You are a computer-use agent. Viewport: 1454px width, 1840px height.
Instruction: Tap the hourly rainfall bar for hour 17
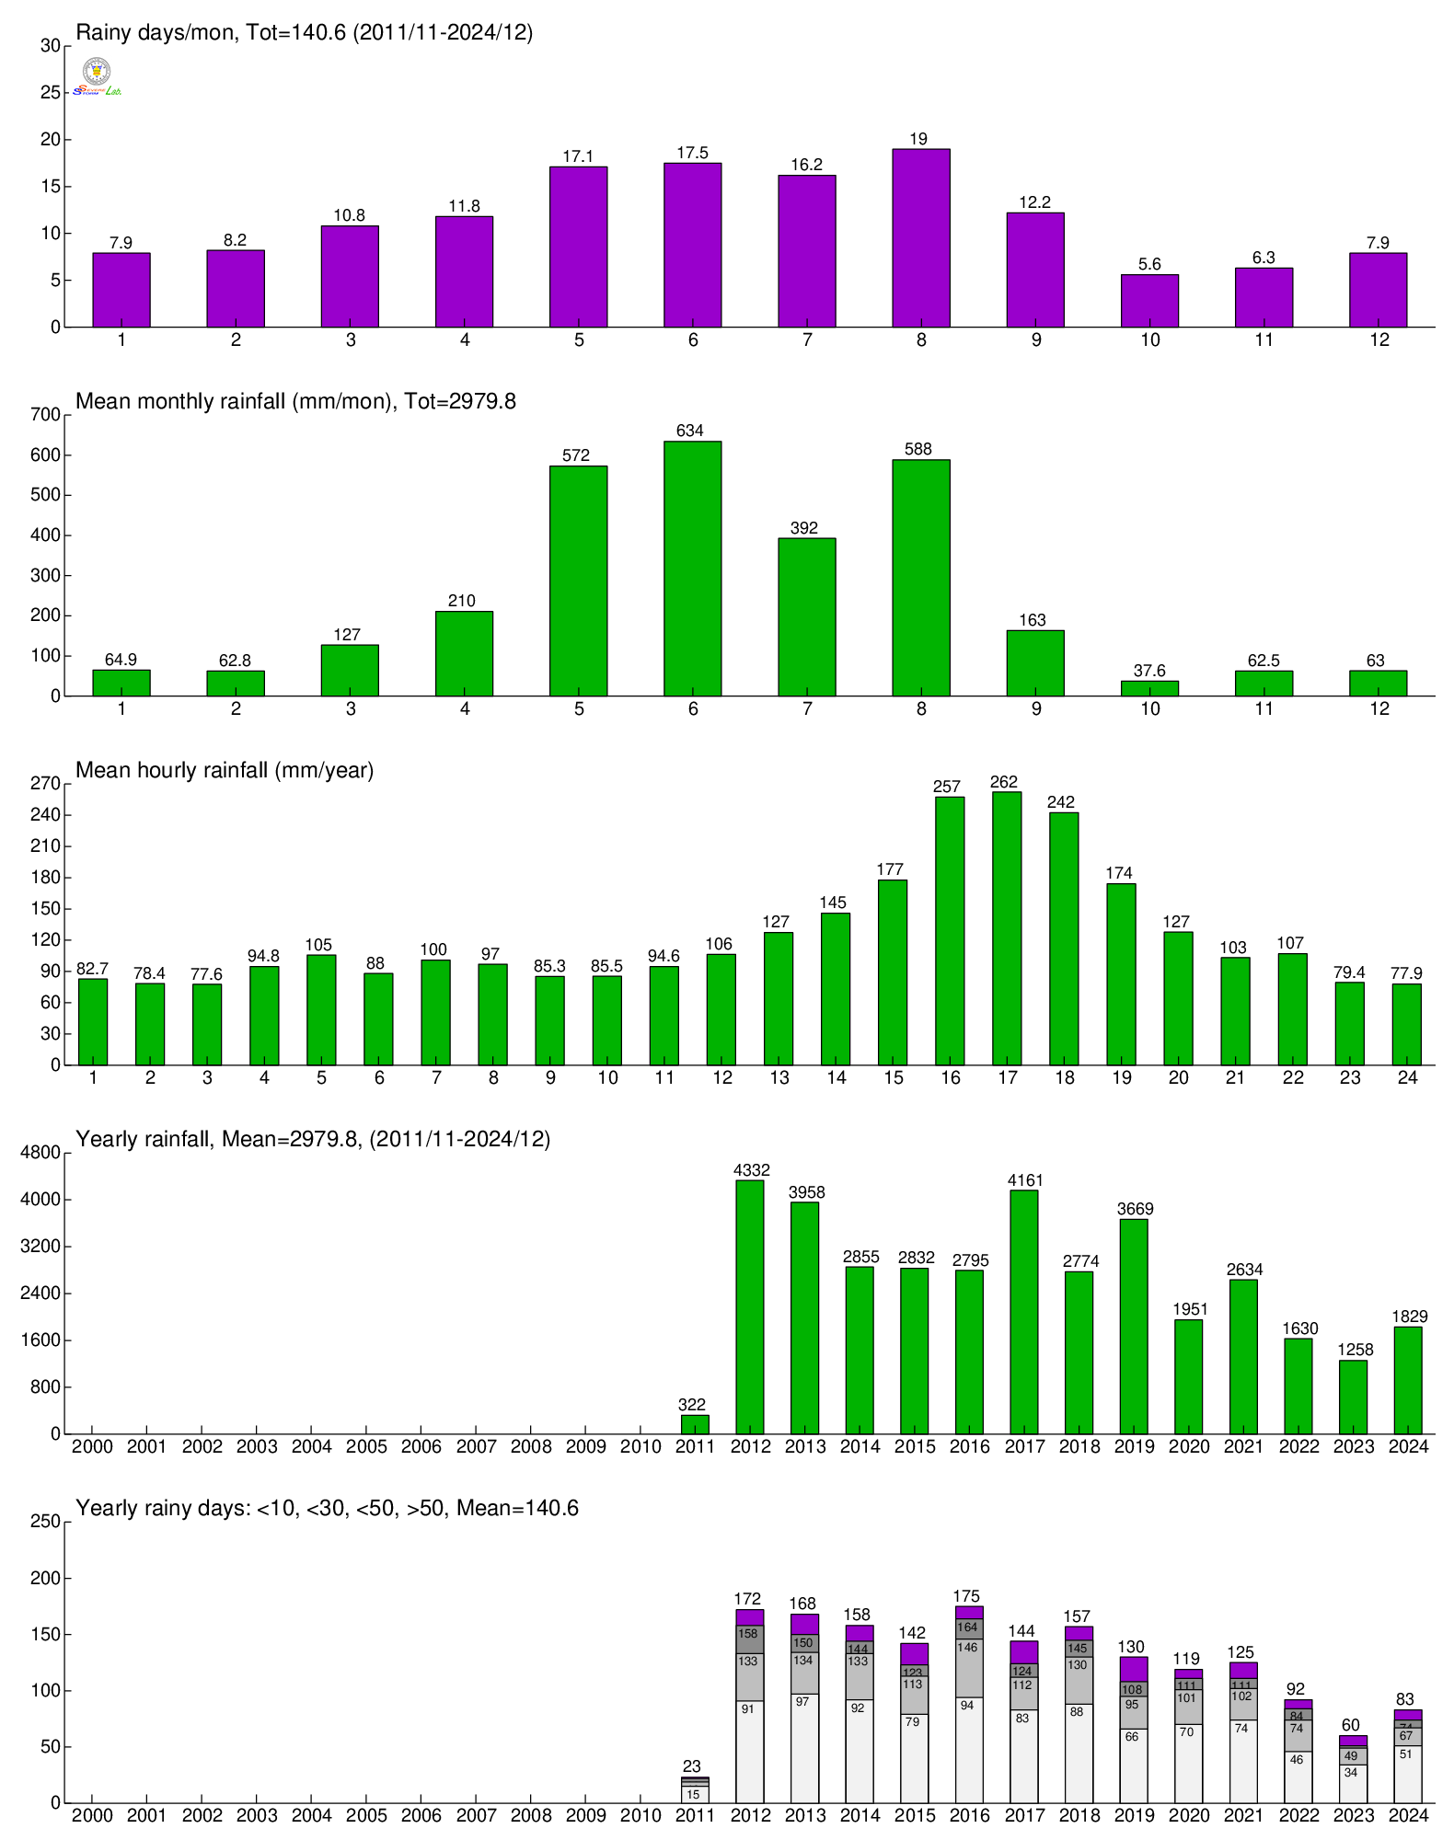(x=1007, y=928)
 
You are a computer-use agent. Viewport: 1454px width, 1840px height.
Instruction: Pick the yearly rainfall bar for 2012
(x=750, y=1306)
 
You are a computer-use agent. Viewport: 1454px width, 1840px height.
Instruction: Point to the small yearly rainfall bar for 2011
(x=695, y=1424)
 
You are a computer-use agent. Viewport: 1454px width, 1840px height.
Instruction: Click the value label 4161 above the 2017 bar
(x=1024, y=1180)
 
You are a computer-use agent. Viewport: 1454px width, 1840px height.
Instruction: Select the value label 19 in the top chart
(x=918, y=139)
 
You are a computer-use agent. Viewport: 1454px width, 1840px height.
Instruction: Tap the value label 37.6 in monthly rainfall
(x=1149, y=671)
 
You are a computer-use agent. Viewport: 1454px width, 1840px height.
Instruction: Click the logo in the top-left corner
(x=97, y=76)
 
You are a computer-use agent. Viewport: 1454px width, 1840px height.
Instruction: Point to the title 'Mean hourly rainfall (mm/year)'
(x=225, y=770)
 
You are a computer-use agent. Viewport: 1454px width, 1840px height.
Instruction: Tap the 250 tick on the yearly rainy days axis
(x=45, y=1522)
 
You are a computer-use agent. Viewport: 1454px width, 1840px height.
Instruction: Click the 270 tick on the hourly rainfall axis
(x=45, y=784)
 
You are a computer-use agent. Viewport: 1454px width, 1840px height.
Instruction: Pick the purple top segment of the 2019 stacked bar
(x=1134, y=1669)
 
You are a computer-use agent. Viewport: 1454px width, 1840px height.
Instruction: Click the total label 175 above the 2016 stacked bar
(x=966, y=1596)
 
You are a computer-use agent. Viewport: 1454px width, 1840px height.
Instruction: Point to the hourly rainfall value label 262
(x=1004, y=782)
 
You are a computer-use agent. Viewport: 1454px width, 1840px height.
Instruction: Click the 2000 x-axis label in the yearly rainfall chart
(x=92, y=1446)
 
